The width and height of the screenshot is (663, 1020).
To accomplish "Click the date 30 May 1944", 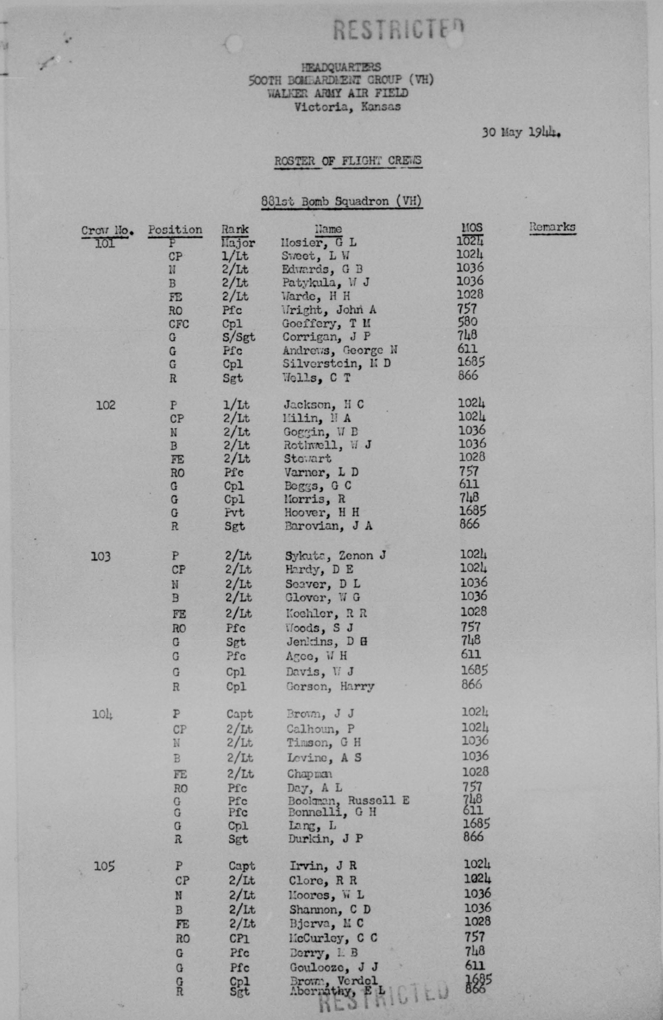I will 520,132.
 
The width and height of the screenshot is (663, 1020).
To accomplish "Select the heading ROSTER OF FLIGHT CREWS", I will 348,161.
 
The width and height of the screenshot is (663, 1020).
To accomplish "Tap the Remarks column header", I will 552,227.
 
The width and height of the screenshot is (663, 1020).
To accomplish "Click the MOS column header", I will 471,228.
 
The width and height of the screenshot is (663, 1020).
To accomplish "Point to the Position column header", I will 175,230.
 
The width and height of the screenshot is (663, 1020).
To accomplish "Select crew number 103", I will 101,556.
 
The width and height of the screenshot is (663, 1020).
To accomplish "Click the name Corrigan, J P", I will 326,337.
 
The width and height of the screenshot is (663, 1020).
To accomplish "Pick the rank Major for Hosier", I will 238,243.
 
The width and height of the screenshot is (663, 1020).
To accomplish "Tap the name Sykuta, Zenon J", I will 335,555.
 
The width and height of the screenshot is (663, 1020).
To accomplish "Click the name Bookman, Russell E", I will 348,800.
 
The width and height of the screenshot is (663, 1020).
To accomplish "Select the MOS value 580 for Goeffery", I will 467,322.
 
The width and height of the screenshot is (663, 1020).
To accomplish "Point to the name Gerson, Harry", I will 330,686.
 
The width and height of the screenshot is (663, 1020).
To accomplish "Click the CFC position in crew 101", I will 179,324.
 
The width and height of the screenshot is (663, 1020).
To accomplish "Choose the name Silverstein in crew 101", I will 336,363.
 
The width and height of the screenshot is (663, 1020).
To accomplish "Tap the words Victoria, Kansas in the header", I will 347,107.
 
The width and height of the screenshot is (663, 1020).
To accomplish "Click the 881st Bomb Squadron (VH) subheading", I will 342,201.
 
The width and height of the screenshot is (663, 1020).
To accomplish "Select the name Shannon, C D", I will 329,909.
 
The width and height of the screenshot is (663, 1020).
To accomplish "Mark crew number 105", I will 104,866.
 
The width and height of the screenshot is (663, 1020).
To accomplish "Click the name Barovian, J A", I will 328,526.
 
